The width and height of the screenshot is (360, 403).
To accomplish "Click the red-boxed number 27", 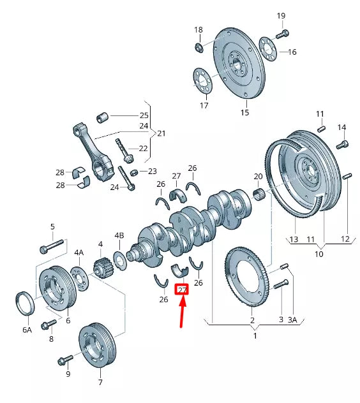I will (x=182, y=289).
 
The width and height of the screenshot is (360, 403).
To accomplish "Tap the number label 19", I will (x=281, y=15).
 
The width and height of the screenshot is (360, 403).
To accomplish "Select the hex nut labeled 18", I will (x=199, y=46).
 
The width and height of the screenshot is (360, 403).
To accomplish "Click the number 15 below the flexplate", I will (x=244, y=113).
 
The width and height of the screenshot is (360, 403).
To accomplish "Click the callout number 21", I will (x=161, y=133).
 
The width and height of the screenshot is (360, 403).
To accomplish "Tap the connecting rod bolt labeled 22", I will (x=123, y=150).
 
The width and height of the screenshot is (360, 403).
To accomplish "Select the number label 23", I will (x=152, y=171).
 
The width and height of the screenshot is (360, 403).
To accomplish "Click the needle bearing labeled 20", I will (x=260, y=193).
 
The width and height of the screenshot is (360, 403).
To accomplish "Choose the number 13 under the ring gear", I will (x=294, y=239).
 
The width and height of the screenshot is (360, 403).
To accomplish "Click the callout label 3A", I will (x=292, y=319).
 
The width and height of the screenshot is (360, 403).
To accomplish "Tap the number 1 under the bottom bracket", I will (x=255, y=335).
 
